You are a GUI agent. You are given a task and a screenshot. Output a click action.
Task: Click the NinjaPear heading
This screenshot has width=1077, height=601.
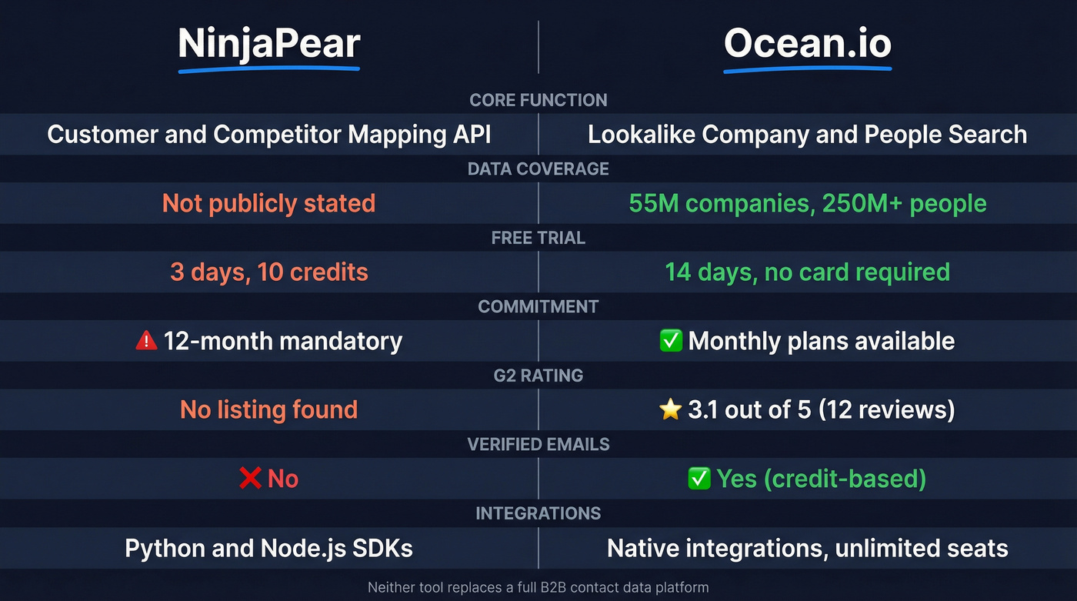(268, 45)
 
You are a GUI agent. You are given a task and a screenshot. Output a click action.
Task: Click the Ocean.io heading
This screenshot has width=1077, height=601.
(807, 45)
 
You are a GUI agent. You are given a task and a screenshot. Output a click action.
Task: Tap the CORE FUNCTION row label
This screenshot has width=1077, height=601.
(538, 100)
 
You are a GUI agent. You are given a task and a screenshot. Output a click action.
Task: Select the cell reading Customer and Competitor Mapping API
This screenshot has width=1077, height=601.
(268, 135)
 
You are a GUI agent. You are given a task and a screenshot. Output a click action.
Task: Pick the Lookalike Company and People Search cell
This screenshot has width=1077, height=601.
(807, 135)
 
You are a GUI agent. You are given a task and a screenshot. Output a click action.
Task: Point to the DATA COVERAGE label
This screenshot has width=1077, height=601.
(538, 169)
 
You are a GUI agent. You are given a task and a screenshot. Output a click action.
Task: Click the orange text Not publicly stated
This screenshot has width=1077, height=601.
(268, 203)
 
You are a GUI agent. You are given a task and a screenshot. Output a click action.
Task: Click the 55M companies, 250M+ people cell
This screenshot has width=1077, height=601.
(807, 203)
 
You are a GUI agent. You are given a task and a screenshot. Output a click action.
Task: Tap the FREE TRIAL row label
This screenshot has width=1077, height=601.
(538, 238)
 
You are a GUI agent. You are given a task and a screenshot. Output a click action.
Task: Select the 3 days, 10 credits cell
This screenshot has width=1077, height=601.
(268, 272)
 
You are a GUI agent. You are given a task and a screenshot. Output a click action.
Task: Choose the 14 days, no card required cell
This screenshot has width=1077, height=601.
(807, 272)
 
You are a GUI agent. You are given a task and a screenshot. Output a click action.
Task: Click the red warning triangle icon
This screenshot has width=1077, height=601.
(146, 340)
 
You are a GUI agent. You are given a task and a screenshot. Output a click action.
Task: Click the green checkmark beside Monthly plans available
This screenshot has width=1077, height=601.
(672, 340)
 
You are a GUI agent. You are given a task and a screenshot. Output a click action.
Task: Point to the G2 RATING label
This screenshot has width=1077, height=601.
(538, 376)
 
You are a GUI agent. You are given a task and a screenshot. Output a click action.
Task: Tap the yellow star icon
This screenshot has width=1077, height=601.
(671, 409)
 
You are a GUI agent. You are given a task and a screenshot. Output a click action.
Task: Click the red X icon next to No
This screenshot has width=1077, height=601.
(250, 479)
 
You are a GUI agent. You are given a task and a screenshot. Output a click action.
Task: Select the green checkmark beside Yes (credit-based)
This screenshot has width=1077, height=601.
(699, 479)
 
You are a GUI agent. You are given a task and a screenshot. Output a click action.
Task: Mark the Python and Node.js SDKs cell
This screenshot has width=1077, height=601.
(268, 548)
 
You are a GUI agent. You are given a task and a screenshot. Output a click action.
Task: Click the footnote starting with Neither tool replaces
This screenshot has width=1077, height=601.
(538, 587)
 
